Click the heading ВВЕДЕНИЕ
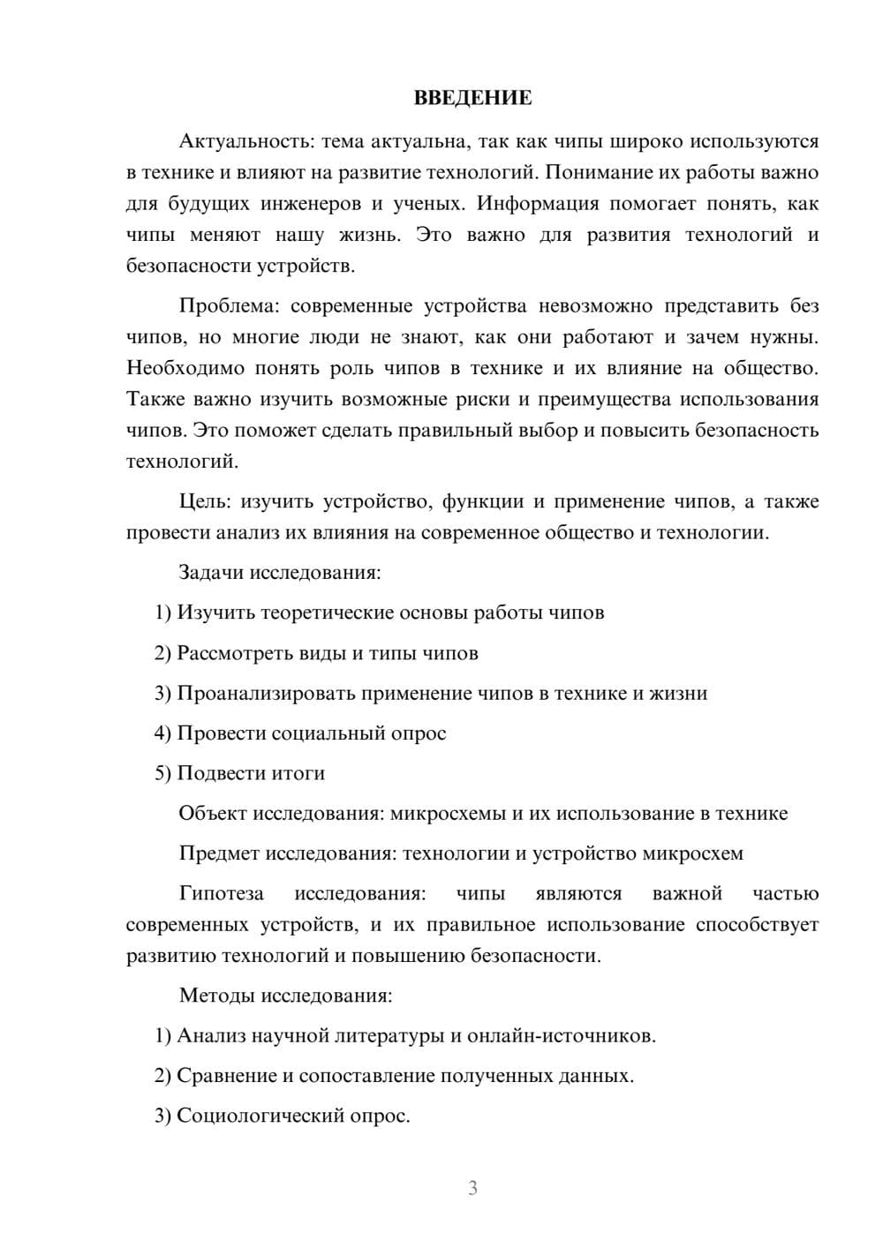point(472,98)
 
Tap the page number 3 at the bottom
point(472,1188)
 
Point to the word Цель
point(205,501)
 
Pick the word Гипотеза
point(222,893)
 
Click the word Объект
point(213,813)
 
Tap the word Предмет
point(219,853)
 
